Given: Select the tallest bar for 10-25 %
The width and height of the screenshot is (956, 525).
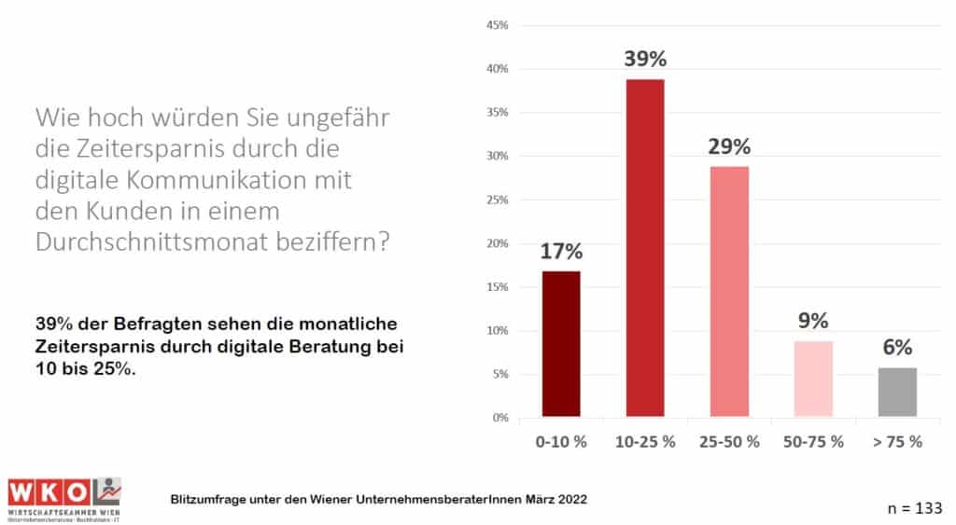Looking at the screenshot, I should (x=645, y=247).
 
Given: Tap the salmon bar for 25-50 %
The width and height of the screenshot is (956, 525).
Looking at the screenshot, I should (x=729, y=291).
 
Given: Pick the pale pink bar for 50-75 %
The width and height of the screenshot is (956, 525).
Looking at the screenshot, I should (x=813, y=379).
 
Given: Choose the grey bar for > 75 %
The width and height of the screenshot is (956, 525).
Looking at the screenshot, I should (x=897, y=392).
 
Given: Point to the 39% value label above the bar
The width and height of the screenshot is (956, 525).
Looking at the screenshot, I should (x=645, y=60).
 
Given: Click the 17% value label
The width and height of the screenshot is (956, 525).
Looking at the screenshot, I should (x=561, y=252).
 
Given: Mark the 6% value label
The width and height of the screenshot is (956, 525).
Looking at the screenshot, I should (x=897, y=348).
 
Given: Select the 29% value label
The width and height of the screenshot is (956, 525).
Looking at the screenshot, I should (x=729, y=147).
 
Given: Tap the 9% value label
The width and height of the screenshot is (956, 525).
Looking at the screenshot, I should (x=813, y=322).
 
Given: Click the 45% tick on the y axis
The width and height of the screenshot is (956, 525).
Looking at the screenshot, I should (x=497, y=25).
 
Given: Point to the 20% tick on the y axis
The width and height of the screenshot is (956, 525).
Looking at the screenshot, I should (x=497, y=243).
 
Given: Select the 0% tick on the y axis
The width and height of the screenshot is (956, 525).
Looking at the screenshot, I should (x=499, y=418).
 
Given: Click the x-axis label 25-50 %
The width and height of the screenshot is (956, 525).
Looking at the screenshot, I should (x=729, y=441).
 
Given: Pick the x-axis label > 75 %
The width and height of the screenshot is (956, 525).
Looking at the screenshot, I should (x=897, y=441).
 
